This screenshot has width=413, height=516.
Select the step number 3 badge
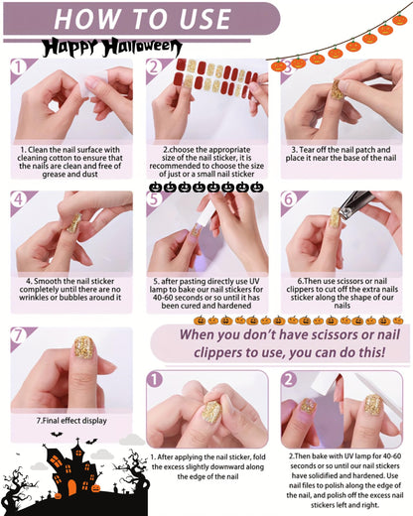click(290, 67)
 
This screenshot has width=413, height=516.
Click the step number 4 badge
click(20, 198)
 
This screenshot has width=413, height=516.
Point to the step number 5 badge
click(155, 198)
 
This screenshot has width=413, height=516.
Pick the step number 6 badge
click(289, 198)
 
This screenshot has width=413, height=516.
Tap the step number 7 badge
click(20, 334)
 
